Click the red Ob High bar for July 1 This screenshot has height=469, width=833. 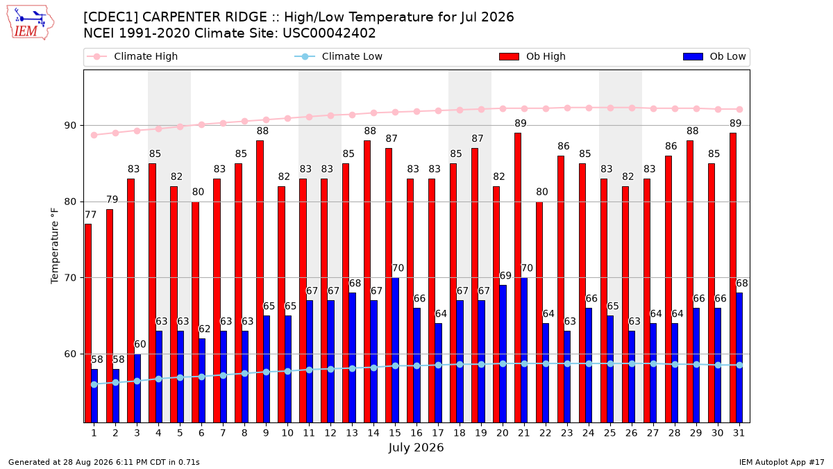click(87, 323)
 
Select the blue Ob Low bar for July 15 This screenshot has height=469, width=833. click(395, 350)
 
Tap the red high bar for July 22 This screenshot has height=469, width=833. click(539, 312)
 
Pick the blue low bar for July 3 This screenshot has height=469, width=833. click(137, 388)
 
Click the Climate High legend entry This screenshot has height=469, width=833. click(133, 56)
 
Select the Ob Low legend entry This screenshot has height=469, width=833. click(714, 56)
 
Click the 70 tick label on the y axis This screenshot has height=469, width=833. click(70, 278)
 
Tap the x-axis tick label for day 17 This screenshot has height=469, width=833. click(438, 433)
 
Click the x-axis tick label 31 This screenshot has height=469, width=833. click(739, 433)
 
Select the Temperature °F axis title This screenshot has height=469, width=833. click(55, 246)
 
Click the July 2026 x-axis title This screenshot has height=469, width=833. click(416, 447)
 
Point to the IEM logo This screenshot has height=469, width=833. click(30, 23)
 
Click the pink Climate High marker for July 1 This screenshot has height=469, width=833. click(94, 135)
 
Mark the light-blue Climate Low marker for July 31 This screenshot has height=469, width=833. click(739, 365)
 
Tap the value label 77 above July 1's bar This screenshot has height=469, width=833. click(91, 215)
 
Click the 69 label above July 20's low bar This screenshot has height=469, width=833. click(505, 275)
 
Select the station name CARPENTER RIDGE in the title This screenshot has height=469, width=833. click(205, 17)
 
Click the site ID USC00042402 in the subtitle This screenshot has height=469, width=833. click(329, 33)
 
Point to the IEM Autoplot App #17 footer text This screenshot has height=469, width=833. click(782, 462)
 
